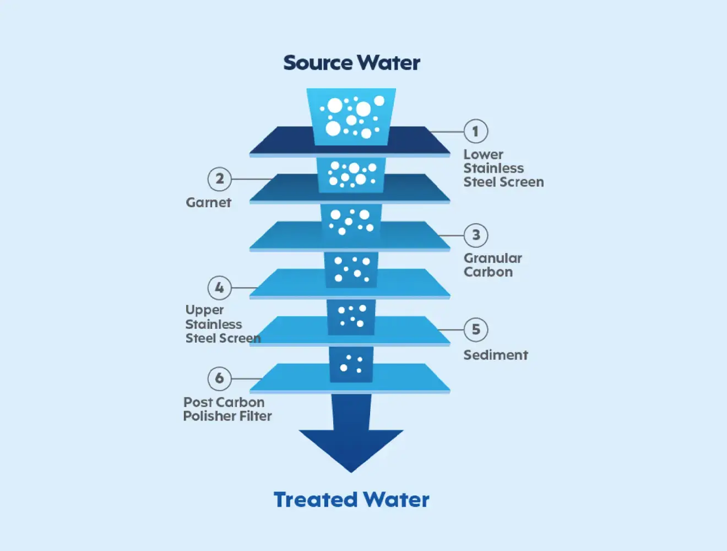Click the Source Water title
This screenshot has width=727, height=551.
(351, 63)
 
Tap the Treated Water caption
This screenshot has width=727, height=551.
(351, 500)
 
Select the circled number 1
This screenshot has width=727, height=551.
(475, 132)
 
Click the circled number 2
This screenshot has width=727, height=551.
(219, 179)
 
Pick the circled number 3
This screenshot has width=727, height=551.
(476, 235)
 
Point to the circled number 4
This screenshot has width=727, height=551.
(219, 288)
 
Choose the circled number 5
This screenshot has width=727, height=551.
(476, 329)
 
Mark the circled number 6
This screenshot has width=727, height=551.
(219, 379)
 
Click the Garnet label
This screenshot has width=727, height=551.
(208, 203)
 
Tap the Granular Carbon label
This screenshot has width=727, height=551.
(492, 265)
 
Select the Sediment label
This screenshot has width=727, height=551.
(496, 355)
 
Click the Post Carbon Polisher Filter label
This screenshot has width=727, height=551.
(227, 409)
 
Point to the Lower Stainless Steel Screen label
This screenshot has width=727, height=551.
(503, 169)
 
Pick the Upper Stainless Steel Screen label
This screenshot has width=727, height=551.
(223, 325)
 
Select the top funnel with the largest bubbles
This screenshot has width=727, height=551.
(351, 116)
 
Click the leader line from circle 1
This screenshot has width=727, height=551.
(446, 132)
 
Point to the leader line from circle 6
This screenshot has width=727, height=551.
(248, 379)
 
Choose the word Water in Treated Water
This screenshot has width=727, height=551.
(397, 500)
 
